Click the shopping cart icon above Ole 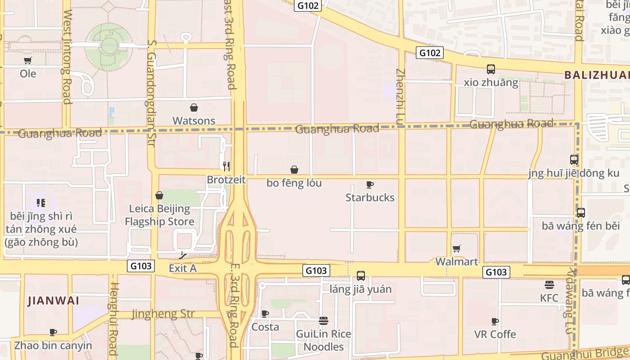28,61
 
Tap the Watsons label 194,121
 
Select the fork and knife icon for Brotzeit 226,166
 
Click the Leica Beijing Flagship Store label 159,215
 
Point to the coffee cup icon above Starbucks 370,184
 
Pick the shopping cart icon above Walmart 457,248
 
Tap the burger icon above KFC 549,285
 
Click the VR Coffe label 495,334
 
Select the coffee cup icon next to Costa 265,314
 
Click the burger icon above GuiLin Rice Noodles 323,321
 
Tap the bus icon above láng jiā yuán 360,276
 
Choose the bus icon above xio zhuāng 491,69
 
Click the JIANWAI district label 54,301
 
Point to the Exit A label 183,268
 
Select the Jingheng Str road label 163,314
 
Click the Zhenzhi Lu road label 400,95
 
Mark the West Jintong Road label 67,57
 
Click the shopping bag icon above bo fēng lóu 294,170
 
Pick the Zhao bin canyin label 53,346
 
